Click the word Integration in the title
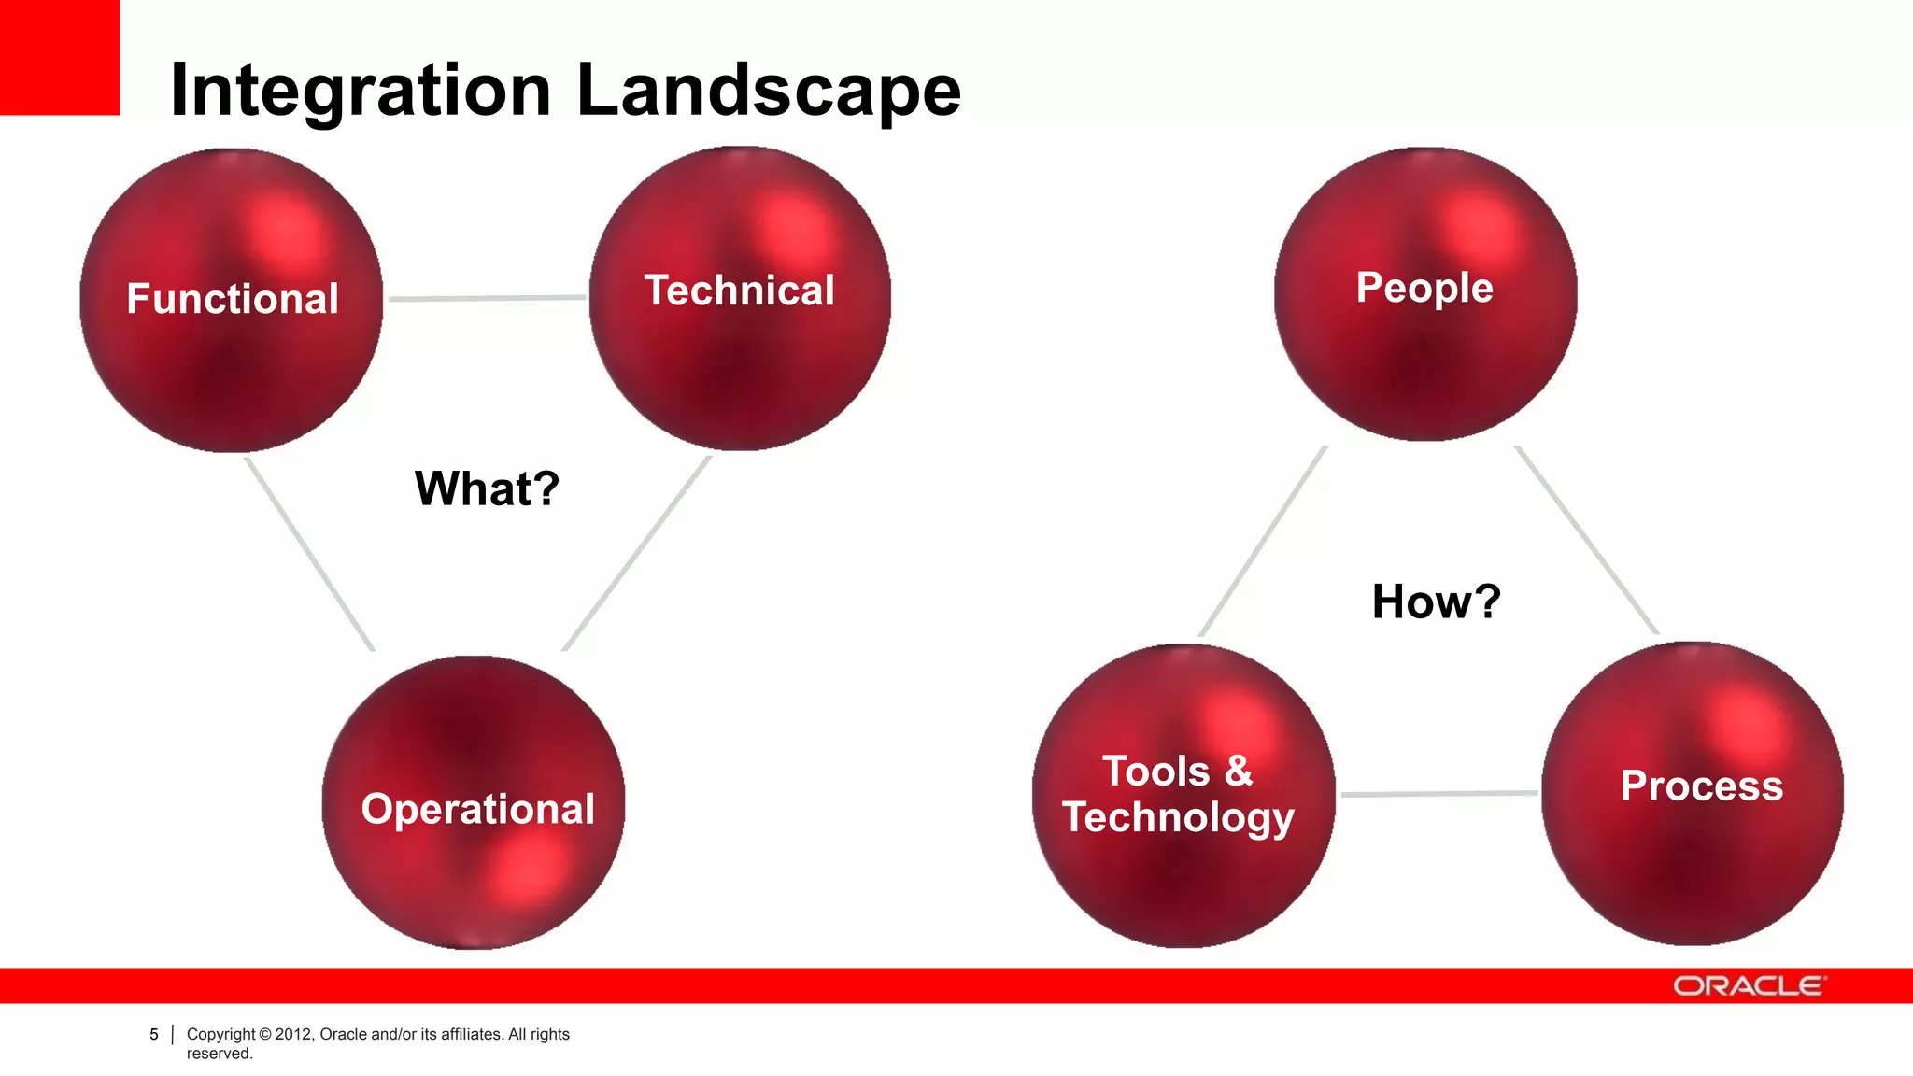coord(361,91)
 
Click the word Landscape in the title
coord(769,91)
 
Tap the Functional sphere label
coord(233,299)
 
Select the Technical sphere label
coord(739,290)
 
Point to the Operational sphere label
coord(477,809)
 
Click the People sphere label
coord(1424,287)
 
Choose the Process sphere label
coord(1701,786)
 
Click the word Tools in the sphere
coord(1156,772)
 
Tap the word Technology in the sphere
coord(1178,817)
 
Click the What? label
coord(487,488)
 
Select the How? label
coord(1436,602)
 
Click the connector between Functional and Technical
coord(486,298)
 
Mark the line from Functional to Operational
coord(309,553)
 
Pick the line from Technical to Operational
coord(637,552)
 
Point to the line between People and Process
coord(1586,540)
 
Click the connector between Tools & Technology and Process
coord(1438,794)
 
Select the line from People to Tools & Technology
coord(1263,542)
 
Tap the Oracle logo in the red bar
coord(1748,986)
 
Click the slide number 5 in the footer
coord(154,1034)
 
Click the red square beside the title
coord(59,57)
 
